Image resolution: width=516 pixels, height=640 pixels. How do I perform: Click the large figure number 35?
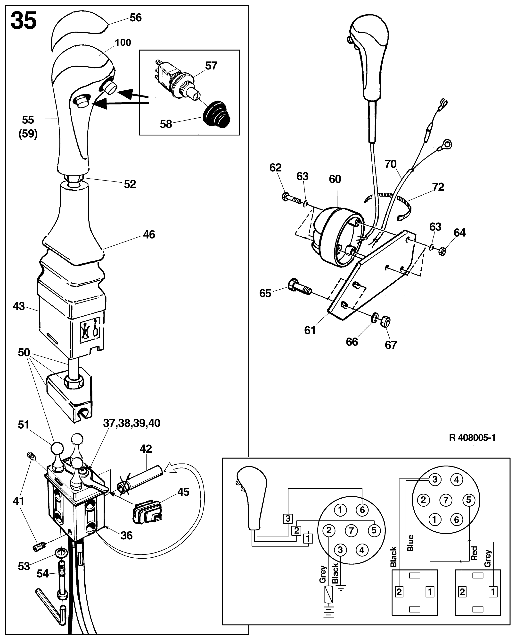pyautogui.click(x=24, y=21)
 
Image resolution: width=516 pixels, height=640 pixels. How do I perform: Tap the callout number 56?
pyautogui.click(x=136, y=18)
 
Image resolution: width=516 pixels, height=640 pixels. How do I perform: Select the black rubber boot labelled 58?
pyautogui.click(x=216, y=115)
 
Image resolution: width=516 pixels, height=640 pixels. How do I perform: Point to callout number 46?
pyautogui.click(x=149, y=234)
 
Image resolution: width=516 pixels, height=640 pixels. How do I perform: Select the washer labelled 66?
pyautogui.click(x=375, y=318)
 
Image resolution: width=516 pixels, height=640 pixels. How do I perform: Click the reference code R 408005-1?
pyautogui.click(x=472, y=438)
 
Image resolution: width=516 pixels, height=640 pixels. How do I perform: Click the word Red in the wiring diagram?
pyautogui.click(x=474, y=553)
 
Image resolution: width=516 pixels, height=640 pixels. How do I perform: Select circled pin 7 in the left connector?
pyautogui.click(x=351, y=530)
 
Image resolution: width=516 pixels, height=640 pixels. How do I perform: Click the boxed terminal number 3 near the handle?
pyautogui.click(x=288, y=518)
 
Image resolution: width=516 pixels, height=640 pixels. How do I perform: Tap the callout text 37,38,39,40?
pyautogui.click(x=131, y=423)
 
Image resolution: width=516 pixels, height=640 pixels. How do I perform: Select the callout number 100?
pyautogui.click(x=123, y=43)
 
